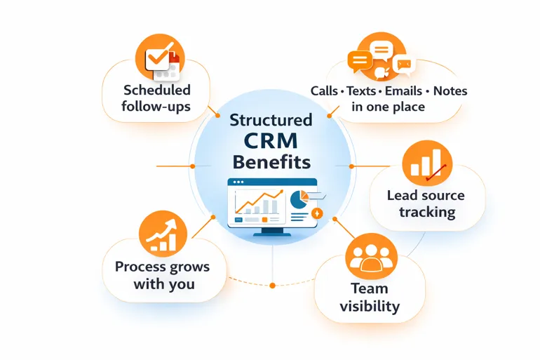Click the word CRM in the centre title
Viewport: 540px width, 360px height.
click(271, 141)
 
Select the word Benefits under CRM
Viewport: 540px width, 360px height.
click(271, 162)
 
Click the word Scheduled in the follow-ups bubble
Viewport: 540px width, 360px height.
click(156, 90)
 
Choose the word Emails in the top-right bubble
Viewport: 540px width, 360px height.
click(403, 91)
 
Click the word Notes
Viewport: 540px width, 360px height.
click(450, 91)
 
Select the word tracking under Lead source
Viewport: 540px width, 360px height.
click(427, 212)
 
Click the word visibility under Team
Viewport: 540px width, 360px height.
click(370, 306)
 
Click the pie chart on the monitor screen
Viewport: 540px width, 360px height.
click(300, 199)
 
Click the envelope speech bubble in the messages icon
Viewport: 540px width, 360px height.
click(402, 65)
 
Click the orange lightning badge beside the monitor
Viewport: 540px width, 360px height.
click(316, 213)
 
